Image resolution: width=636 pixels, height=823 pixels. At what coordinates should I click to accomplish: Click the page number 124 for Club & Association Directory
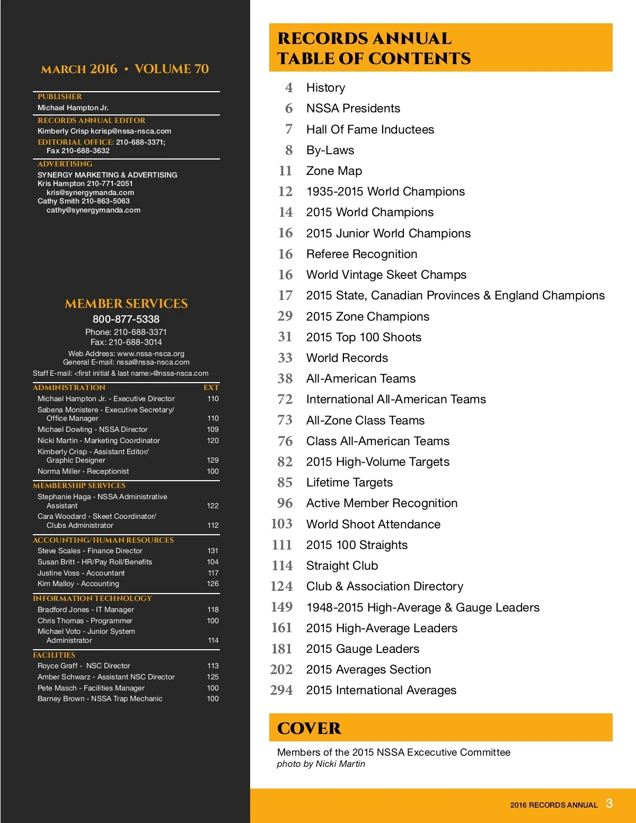click(281, 587)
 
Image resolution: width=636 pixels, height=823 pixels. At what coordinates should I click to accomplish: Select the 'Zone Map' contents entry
click(334, 171)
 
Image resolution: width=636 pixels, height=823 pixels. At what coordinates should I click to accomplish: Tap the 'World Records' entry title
click(347, 358)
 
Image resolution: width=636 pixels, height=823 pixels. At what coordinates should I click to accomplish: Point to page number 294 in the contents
click(281, 691)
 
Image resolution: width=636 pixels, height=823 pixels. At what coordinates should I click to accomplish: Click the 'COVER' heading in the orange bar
click(309, 729)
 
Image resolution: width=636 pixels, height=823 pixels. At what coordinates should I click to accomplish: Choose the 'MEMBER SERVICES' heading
click(126, 304)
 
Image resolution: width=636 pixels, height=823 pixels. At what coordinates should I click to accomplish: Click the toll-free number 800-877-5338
click(126, 319)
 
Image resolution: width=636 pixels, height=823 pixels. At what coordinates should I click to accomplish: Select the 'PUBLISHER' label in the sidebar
click(60, 96)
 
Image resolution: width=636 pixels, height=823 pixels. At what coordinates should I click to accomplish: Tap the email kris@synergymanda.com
click(90, 192)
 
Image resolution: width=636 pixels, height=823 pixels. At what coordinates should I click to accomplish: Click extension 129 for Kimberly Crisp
click(213, 460)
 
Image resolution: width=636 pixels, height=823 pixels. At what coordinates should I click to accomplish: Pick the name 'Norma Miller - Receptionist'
click(83, 471)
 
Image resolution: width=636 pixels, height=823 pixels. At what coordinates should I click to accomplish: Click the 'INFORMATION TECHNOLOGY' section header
click(92, 598)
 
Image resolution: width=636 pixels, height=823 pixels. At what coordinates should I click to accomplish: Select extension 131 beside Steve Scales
click(213, 551)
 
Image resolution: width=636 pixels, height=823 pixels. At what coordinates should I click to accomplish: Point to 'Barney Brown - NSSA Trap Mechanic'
click(100, 698)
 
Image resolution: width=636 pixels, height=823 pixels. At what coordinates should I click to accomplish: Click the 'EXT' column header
click(211, 387)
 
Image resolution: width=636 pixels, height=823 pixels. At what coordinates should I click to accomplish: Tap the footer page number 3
click(609, 803)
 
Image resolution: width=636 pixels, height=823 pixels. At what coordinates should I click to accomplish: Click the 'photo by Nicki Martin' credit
click(321, 764)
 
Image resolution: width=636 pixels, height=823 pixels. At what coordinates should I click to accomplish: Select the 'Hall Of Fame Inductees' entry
click(370, 130)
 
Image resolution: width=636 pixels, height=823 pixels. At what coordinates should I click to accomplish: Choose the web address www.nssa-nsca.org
click(151, 353)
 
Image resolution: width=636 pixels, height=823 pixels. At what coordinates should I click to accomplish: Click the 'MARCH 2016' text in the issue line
click(79, 69)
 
